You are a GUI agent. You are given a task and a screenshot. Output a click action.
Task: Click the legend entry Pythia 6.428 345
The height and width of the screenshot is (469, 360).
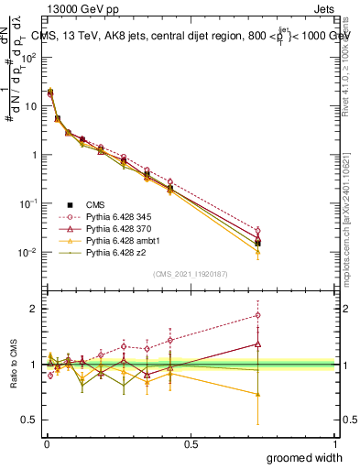113,215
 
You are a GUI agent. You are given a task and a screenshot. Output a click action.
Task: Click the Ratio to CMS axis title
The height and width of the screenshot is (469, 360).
14,364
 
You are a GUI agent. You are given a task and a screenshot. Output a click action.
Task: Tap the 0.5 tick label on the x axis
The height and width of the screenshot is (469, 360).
191,443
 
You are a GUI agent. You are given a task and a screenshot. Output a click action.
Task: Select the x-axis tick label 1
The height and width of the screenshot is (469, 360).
334,443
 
